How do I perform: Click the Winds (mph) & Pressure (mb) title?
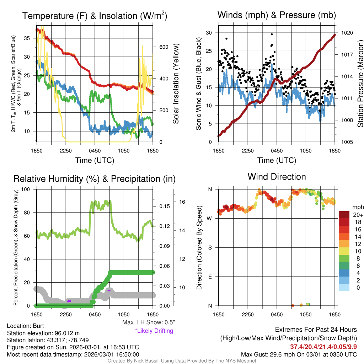point(277,15)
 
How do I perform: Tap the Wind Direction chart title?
point(277,176)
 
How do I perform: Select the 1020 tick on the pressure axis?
point(347,33)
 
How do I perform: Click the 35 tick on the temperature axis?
point(30,38)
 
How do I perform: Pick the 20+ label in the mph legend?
point(357,215)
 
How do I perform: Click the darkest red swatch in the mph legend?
point(345,215)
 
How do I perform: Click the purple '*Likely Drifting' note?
point(154,331)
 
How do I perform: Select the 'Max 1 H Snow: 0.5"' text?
point(148,322)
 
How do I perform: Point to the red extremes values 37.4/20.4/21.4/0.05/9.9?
point(323,347)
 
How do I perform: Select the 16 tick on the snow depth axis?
point(182,202)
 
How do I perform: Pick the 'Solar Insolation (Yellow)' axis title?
point(176,84)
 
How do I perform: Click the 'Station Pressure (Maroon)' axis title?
point(360,84)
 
